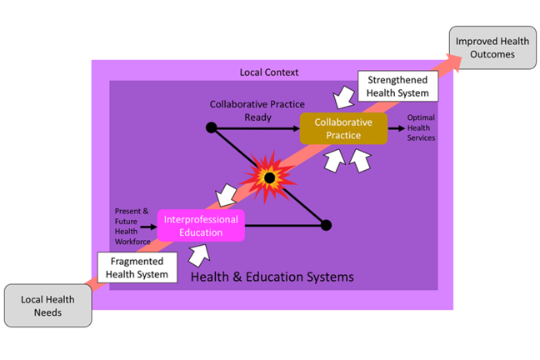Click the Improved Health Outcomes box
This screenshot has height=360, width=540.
pos(492,47)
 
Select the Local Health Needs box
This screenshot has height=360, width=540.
pos(47,306)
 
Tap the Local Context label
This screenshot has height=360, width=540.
pos(268,72)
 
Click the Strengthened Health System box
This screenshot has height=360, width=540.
pos(397,87)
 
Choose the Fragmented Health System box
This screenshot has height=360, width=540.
pos(137,267)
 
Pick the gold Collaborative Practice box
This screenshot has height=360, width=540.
pos(343,129)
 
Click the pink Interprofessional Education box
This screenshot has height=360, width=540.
pos(201,226)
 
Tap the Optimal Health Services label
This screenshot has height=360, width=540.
pos(421,128)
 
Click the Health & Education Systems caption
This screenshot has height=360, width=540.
pos(272,276)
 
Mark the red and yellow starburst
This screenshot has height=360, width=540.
pos(268,177)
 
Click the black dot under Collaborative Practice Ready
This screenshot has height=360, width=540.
pos(212,128)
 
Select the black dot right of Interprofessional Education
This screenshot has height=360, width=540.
pos(326,225)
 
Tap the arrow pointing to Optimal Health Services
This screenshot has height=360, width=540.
pos(397,128)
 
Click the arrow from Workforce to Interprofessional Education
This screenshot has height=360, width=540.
pos(149,226)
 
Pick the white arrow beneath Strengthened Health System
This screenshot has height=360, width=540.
pos(342,100)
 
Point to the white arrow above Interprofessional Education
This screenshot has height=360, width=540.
pos(225,197)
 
